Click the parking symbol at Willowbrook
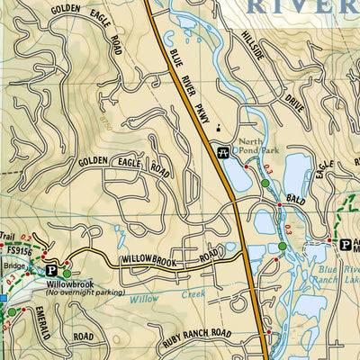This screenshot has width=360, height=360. click(x=51, y=269)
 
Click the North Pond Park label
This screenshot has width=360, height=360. click(x=252, y=151)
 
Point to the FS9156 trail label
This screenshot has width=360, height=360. click(x=19, y=253)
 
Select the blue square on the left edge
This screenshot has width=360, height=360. click(x=3, y=298)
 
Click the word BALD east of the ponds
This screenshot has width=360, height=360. click(x=298, y=196)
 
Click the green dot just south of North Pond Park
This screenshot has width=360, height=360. click(x=265, y=184)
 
